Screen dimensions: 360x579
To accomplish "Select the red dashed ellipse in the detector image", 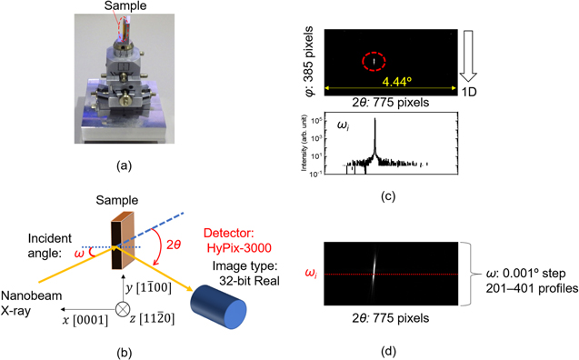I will click(x=374, y=62).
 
